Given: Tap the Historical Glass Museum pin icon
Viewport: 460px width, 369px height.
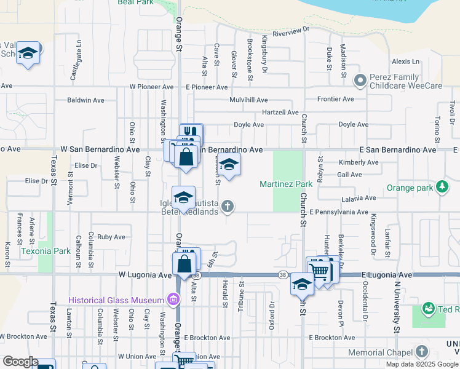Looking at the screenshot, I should [x=173, y=300].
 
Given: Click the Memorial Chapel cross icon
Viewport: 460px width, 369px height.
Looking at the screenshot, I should [x=421, y=352].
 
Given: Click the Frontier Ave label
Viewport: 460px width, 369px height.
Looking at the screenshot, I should [x=335, y=99].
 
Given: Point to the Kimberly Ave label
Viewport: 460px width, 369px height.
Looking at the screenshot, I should [x=359, y=162].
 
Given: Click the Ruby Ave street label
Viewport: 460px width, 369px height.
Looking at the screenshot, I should [x=111, y=237].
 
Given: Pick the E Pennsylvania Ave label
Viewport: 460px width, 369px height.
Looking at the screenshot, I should [x=338, y=212].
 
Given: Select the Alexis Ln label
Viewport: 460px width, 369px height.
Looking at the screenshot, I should [x=405, y=61].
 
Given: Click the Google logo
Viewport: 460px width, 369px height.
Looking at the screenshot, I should [x=20, y=362].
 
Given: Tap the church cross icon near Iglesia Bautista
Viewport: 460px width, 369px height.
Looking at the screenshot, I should [x=228, y=206].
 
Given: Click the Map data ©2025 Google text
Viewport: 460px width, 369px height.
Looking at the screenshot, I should [x=421, y=364].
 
